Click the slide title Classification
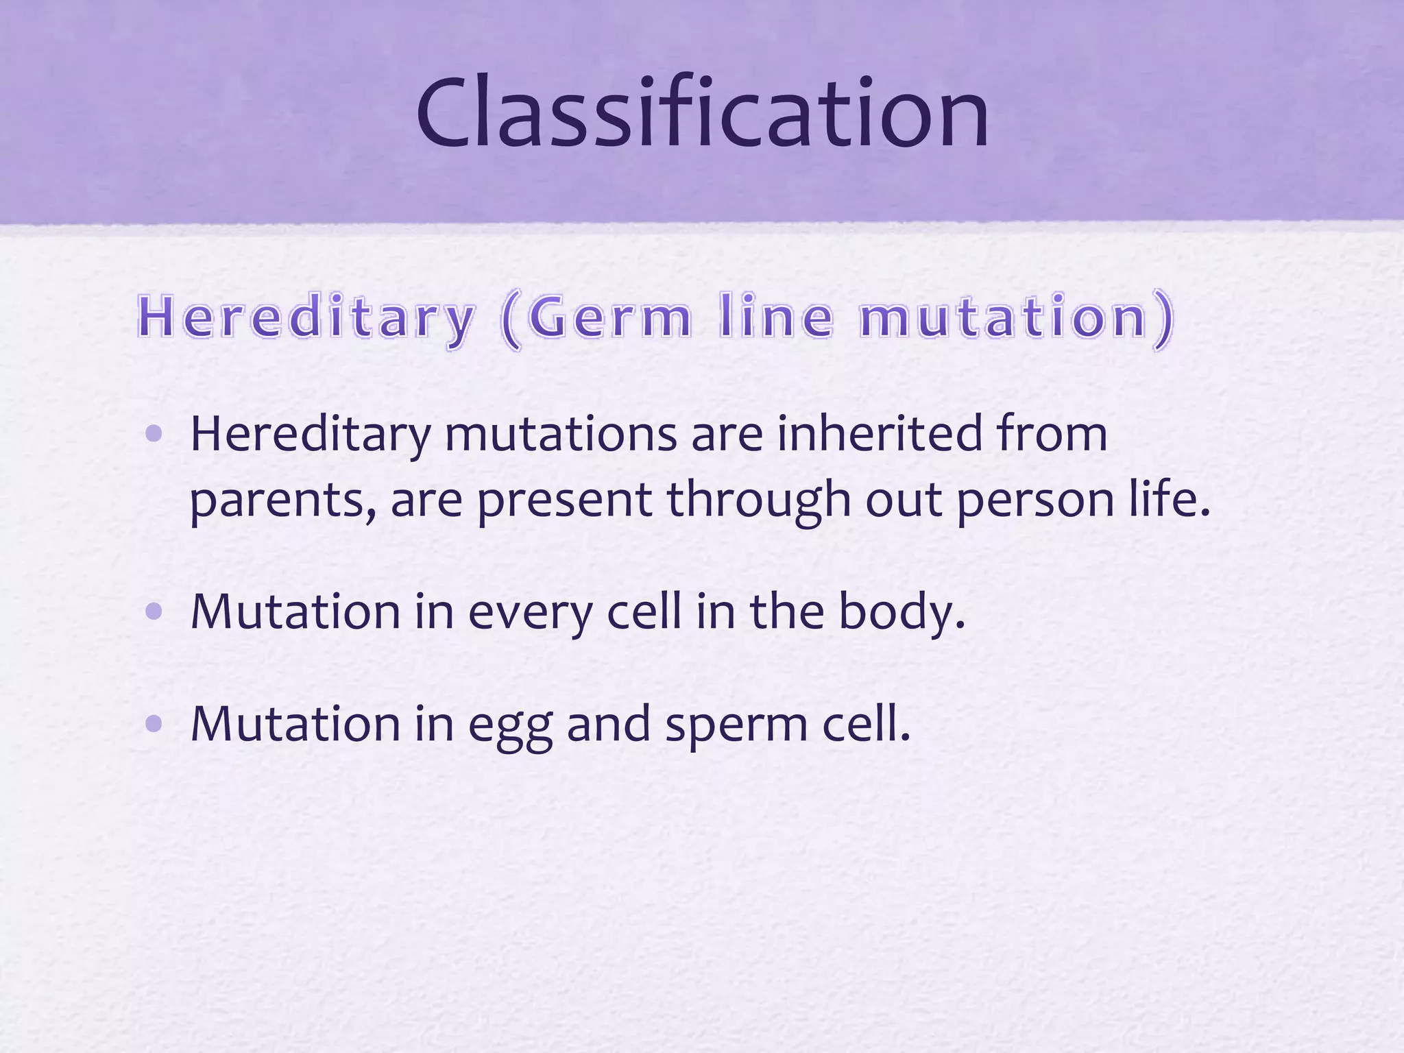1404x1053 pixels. (x=702, y=113)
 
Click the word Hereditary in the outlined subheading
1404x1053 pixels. (x=306, y=317)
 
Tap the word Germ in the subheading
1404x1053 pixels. (x=610, y=317)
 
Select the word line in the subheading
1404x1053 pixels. (x=776, y=317)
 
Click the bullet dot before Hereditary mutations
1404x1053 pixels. (x=154, y=433)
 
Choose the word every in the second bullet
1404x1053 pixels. (x=530, y=612)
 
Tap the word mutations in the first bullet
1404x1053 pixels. (x=561, y=433)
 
